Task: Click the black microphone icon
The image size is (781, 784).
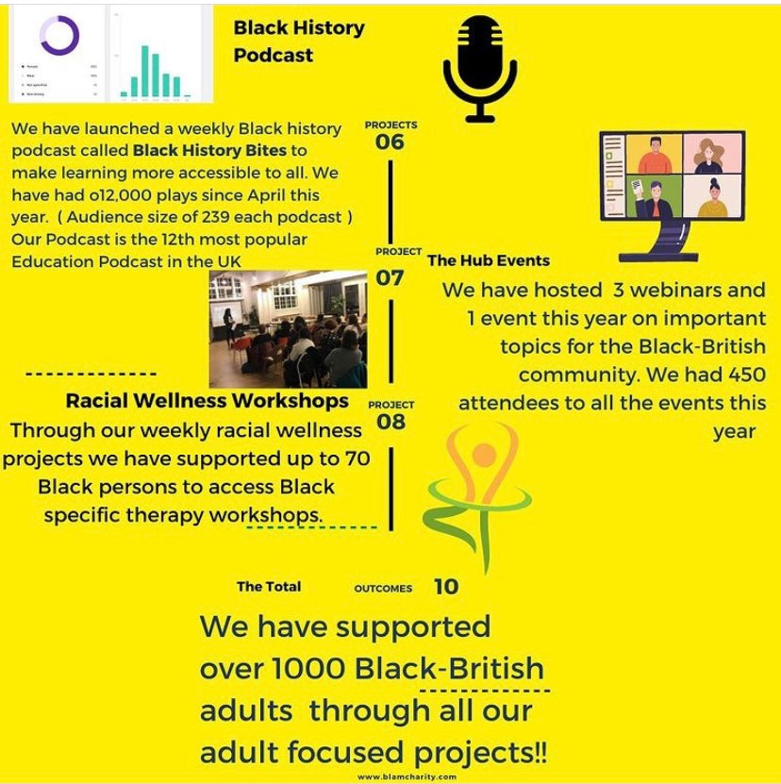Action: pyautogui.click(x=481, y=69)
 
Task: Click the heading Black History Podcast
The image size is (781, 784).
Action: pyautogui.click(x=299, y=42)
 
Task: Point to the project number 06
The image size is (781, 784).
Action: pyautogui.click(x=390, y=142)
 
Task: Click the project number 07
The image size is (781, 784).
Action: pyautogui.click(x=390, y=277)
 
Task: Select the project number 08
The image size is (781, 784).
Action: pyautogui.click(x=390, y=422)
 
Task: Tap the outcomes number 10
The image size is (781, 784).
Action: pyautogui.click(x=446, y=587)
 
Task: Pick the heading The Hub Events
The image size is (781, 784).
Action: pyautogui.click(x=489, y=260)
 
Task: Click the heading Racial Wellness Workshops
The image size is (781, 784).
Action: pyautogui.click(x=207, y=401)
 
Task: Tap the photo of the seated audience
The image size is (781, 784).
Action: pyautogui.click(x=288, y=329)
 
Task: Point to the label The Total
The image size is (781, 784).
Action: pyautogui.click(x=269, y=587)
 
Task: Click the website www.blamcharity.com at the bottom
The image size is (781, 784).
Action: pyautogui.click(x=407, y=776)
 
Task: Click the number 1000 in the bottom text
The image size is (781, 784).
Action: pyautogui.click(x=308, y=668)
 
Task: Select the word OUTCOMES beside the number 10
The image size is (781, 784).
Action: pyautogui.click(x=383, y=589)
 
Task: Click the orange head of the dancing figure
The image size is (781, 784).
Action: pyautogui.click(x=484, y=456)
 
